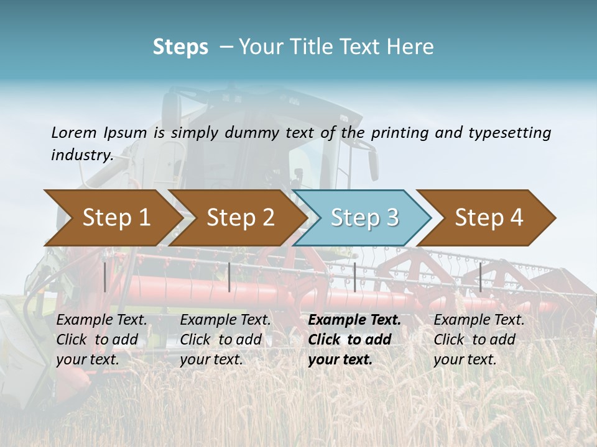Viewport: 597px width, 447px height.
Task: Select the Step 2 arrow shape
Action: (x=239, y=217)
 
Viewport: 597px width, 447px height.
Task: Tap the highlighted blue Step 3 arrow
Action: (x=364, y=217)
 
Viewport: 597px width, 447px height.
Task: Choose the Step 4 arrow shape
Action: (x=488, y=217)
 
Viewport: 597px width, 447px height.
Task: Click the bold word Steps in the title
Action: (x=180, y=47)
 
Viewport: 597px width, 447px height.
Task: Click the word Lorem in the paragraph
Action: (x=74, y=132)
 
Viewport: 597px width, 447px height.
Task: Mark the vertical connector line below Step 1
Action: (x=105, y=277)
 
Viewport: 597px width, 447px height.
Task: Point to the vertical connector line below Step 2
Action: (x=229, y=277)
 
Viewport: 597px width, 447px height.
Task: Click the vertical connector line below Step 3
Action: (x=354, y=277)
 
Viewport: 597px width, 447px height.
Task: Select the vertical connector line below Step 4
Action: (x=480, y=277)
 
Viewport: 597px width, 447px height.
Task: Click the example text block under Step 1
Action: (x=101, y=340)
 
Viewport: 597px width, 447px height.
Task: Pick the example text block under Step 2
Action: (x=225, y=340)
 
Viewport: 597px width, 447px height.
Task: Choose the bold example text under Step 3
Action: (x=354, y=340)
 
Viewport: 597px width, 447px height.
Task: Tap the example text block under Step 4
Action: (x=479, y=340)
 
